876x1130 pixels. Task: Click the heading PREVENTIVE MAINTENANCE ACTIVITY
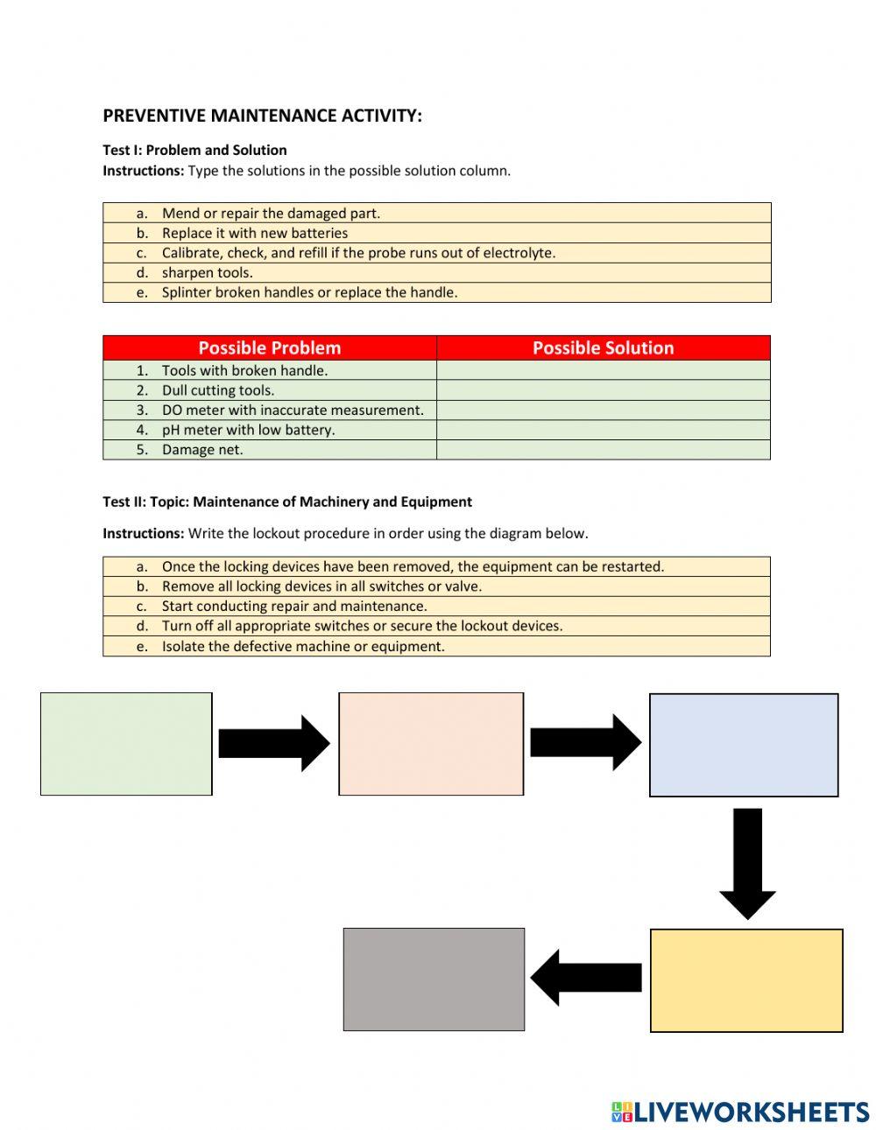(262, 116)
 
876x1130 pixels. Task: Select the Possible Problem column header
(269, 347)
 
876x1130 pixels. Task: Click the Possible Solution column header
(603, 347)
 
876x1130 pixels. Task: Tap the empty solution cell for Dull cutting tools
(603, 390)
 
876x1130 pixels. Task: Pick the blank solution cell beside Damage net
(603, 450)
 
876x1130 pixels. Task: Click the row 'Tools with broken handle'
(244, 370)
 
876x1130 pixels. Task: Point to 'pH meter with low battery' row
(248, 430)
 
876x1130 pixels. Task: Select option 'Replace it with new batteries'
(254, 233)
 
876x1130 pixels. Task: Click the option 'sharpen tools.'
(207, 272)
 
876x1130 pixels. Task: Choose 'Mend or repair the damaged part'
(271, 213)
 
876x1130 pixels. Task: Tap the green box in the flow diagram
(126, 744)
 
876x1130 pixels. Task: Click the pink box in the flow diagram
(431, 744)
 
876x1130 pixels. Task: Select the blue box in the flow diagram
(744, 745)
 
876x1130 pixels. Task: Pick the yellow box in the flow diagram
(746, 980)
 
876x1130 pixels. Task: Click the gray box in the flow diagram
(434, 979)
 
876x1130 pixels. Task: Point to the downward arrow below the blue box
(747, 862)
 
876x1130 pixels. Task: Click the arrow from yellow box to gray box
(585, 978)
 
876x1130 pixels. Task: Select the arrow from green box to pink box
(273, 743)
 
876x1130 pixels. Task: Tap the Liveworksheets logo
(740, 1112)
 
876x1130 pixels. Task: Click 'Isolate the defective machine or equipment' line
(303, 646)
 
